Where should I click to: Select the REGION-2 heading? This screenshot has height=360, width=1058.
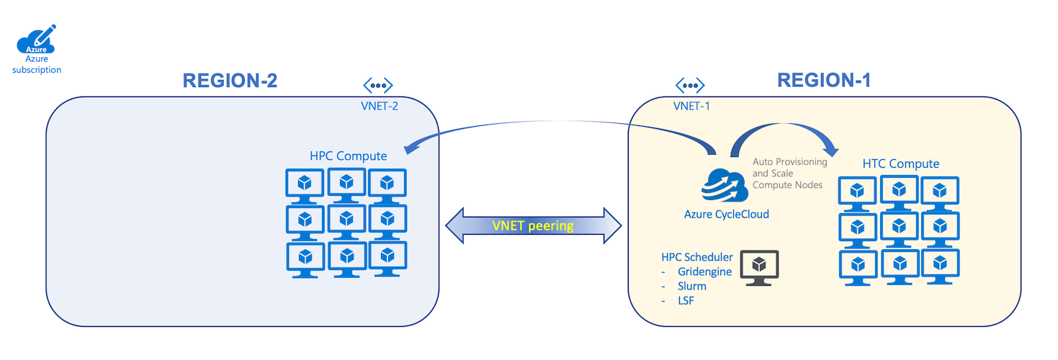[x=230, y=81]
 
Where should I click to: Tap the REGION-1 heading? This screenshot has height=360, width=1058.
[x=824, y=80]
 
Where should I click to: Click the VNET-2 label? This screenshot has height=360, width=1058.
[x=380, y=106]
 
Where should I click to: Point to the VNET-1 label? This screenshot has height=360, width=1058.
[x=692, y=106]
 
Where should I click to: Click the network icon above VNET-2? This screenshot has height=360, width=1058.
[x=378, y=86]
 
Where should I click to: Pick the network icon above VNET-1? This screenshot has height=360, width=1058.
[x=691, y=86]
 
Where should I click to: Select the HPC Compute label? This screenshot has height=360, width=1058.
[x=349, y=156]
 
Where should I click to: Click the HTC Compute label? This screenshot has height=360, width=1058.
[x=901, y=163]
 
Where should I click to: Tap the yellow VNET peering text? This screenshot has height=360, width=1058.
[x=533, y=225]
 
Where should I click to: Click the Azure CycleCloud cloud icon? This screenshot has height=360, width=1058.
[x=723, y=186]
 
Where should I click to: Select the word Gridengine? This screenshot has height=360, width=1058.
[x=704, y=271]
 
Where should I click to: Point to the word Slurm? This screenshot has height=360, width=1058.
[x=692, y=286]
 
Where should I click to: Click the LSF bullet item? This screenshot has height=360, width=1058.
[x=686, y=300]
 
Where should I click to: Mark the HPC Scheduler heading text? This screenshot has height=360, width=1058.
[x=697, y=257]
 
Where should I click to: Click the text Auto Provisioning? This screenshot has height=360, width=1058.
[x=789, y=162]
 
